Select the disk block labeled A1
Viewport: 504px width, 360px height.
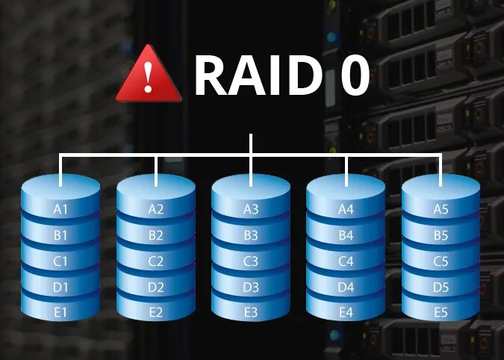[61, 210]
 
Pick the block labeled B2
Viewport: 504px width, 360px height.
[156, 236]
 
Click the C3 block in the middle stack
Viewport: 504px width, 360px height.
[251, 262]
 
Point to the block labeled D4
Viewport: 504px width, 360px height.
[346, 287]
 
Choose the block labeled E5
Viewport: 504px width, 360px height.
[441, 312]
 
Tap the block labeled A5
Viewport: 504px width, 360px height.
[441, 210]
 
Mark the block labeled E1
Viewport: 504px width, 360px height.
[61, 312]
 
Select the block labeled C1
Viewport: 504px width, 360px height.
[61, 262]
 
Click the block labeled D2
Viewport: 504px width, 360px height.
[156, 287]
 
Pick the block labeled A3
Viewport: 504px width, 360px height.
[251, 210]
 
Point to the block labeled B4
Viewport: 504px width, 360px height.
[346, 236]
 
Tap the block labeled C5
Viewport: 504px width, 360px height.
[441, 262]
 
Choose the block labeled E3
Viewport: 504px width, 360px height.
[251, 312]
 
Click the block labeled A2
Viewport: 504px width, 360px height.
[156, 210]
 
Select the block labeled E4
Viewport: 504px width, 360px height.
[346, 312]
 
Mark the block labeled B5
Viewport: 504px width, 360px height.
[441, 236]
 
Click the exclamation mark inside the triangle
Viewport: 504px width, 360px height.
[149, 76]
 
